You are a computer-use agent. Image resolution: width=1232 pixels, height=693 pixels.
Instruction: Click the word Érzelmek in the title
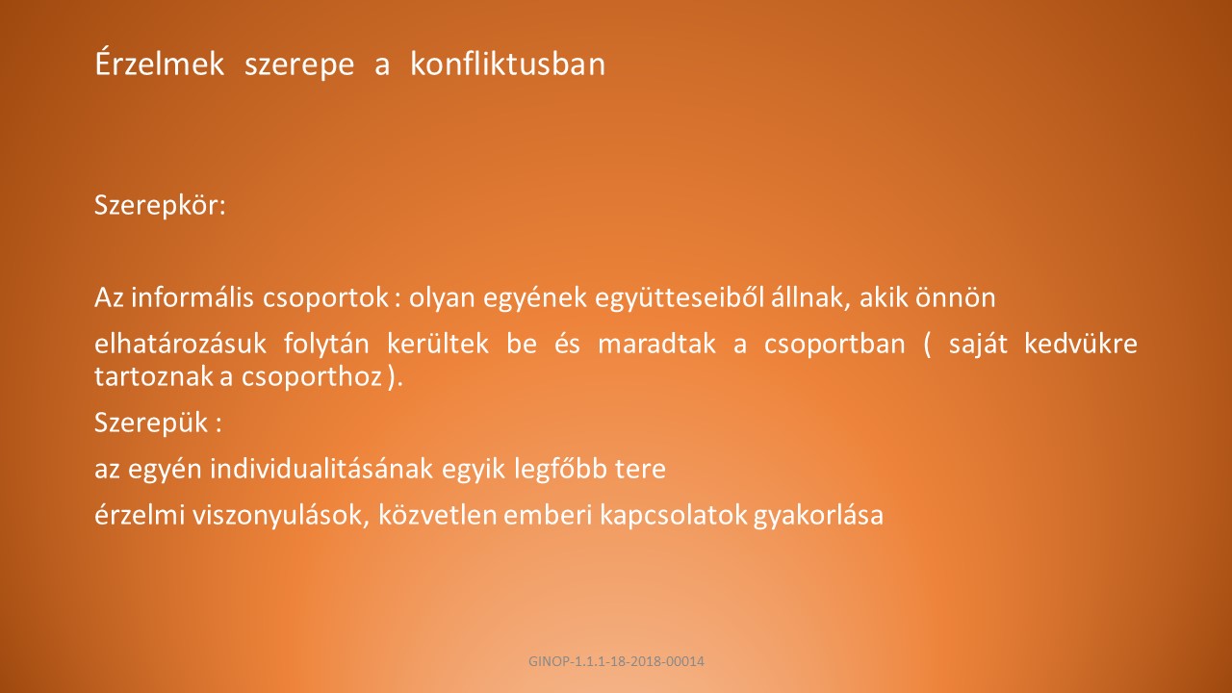160,63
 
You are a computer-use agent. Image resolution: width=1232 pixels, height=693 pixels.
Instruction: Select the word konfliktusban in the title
507,64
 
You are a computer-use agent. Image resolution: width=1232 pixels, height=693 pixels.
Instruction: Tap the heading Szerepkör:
160,206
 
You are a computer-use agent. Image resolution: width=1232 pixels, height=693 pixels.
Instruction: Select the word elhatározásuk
180,344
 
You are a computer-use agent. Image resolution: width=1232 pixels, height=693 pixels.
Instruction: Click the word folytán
326,345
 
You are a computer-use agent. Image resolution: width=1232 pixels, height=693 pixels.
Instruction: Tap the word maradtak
656,344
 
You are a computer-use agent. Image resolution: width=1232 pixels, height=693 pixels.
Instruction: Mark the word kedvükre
1080,344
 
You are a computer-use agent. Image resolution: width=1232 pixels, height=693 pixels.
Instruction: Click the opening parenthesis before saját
928,345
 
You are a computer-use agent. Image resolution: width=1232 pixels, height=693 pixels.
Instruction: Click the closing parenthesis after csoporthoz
392,378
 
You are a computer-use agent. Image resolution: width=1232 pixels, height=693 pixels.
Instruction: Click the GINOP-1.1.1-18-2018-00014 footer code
616,661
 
